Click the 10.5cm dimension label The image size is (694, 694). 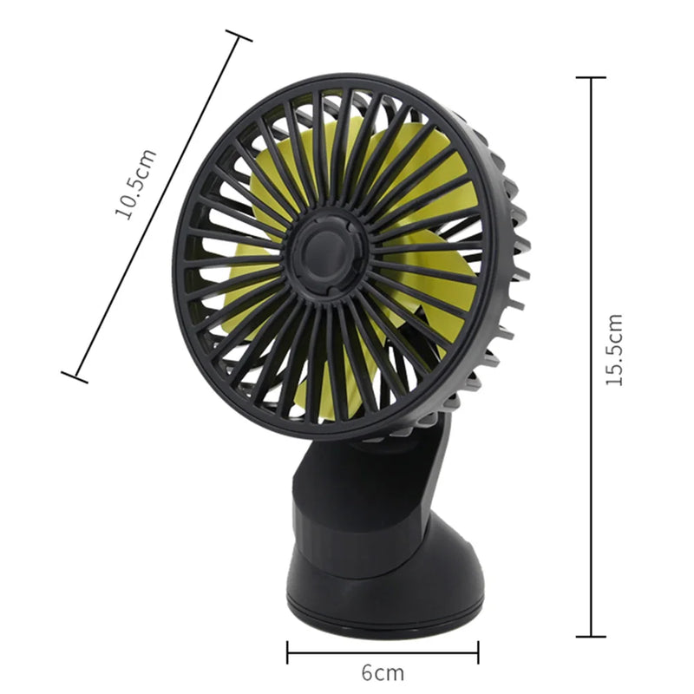(x=137, y=185)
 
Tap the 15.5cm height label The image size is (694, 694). (x=614, y=350)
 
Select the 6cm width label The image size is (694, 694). (x=383, y=671)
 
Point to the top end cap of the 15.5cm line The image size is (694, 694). (x=591, y=78)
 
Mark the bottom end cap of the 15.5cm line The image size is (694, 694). (x=591, y=636)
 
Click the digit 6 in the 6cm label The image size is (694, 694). (x=367, y=671)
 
